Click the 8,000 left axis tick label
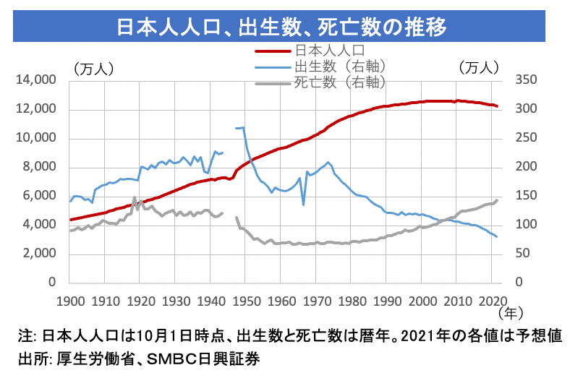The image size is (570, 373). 38,167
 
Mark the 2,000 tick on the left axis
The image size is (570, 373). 38,254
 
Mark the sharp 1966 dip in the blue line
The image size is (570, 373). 303,205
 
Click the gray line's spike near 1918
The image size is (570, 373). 134,198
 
